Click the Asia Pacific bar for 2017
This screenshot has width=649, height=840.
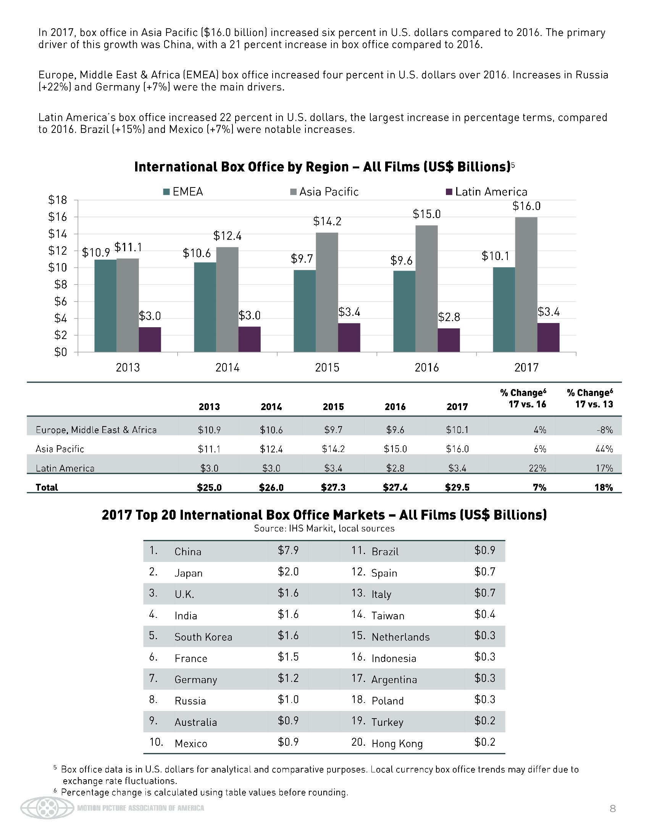(x=526, y=284)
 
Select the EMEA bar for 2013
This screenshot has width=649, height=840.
(x=105, y=306)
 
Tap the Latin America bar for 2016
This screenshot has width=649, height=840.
(x=449, y=340)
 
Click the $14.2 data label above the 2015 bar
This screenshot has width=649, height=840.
(x=327, y=221)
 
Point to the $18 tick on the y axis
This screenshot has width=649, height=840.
(x=58, y=200)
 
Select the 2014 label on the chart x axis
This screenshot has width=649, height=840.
(x=227, y=368)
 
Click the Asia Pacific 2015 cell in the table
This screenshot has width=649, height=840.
(x=333, y=449)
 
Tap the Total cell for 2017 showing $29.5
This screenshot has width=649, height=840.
(x=457, y=488)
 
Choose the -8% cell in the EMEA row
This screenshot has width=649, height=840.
(x=605, y=430)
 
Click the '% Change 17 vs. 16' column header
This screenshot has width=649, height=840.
(x=523, y=399)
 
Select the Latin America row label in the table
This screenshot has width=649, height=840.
(x=65, y=468)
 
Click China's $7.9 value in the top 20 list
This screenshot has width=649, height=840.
(x=288, y=550)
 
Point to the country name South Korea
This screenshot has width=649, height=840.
(x=203, y=637)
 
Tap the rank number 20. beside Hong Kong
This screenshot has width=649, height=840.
(x=358, y=742)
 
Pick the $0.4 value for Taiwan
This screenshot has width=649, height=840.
(x=484, y=614)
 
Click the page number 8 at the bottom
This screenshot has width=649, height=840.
(x=612, y=808)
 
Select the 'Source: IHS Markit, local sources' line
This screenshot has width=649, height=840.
(x=324, y=528)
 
